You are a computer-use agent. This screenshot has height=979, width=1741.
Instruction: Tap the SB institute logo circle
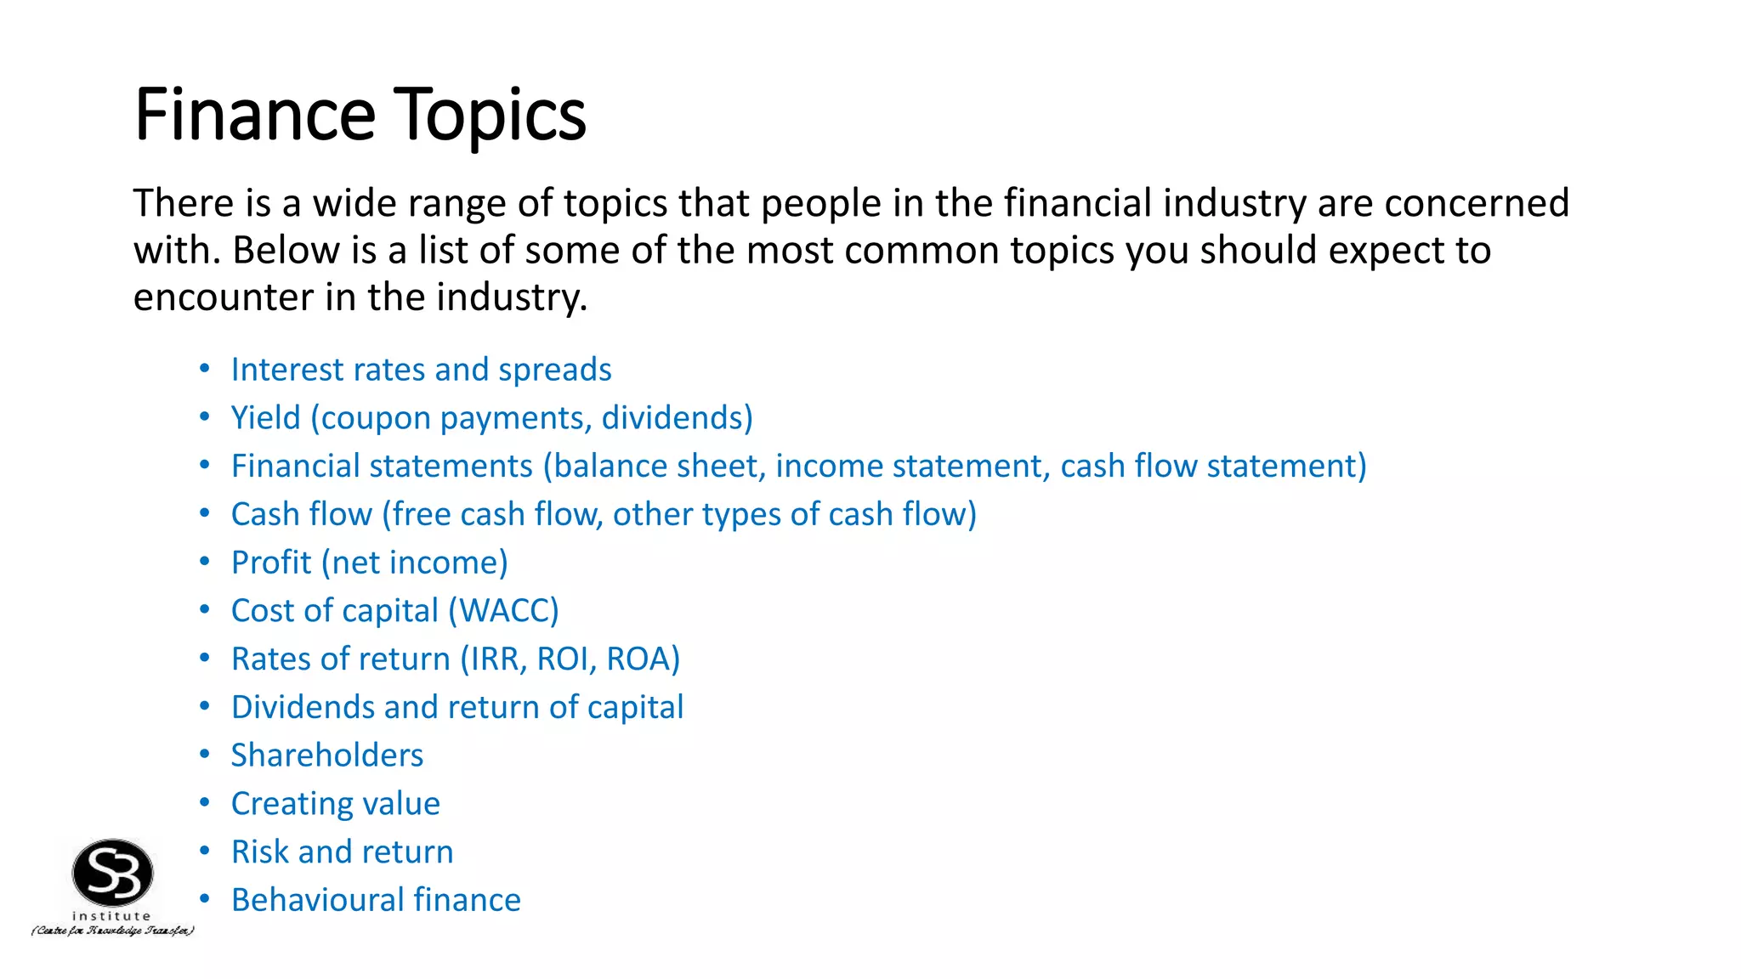tap(112, 873)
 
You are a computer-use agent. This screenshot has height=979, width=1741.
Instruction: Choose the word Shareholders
tap(327, 755)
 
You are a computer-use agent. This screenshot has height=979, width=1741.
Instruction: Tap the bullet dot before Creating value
tap(204, 802)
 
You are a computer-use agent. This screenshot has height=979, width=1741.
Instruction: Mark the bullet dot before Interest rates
tap(204, 368)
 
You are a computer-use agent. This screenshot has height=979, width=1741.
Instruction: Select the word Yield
tap(265, 418)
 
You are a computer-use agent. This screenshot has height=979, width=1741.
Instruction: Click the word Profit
tap(271, 563)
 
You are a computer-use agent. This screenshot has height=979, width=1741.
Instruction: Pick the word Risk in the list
tap(259, 852)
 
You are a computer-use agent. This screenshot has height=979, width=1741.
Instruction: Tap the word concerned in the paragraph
tap(1476, 204)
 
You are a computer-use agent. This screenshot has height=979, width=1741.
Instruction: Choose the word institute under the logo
tap(111, 916)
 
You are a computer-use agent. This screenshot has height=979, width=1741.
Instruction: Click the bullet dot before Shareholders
tap(204, 754)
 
